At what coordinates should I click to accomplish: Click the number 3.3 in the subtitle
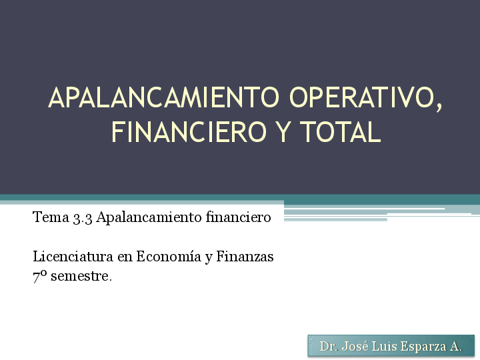tap(82, 217)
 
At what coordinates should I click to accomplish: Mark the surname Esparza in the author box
tap(425, 347)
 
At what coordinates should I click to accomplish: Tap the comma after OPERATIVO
tap(437, 107)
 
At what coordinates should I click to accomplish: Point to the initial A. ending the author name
tap(456, 347)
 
